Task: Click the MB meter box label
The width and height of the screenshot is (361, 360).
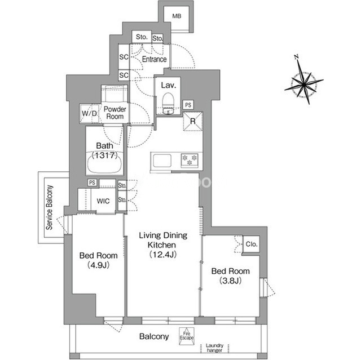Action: [x=177, y=16]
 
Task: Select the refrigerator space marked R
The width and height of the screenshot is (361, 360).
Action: [x=193, y=121]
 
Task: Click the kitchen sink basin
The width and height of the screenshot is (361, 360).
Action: [x=162, y=161]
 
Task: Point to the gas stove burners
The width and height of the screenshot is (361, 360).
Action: [x=190, y=160]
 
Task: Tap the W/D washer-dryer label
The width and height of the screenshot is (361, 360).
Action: [x=89, y=113]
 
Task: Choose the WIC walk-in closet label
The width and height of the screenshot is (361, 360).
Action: [x=103, y=201]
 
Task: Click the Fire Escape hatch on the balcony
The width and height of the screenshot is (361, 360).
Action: [x=187, y=336]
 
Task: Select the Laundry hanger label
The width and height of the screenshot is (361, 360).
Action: [x=214, y=348]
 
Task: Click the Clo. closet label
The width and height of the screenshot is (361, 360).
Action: [x=252, y=244]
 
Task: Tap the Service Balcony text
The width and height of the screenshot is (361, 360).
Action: [x=49, y=207]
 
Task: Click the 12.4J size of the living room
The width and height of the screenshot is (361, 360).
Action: [x=163, y=255]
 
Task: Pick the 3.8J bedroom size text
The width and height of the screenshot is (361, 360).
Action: [x=230, y=281]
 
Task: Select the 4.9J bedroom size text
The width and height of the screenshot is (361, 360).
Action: [x=98, y=265]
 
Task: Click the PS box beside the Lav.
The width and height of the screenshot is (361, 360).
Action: [x=188, y=105]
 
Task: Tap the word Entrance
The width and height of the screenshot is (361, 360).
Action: [x=154, y=59]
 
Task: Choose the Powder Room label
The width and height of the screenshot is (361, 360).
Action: [x=115, y=113]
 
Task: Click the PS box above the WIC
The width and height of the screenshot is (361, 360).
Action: [x=92, y=183]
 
